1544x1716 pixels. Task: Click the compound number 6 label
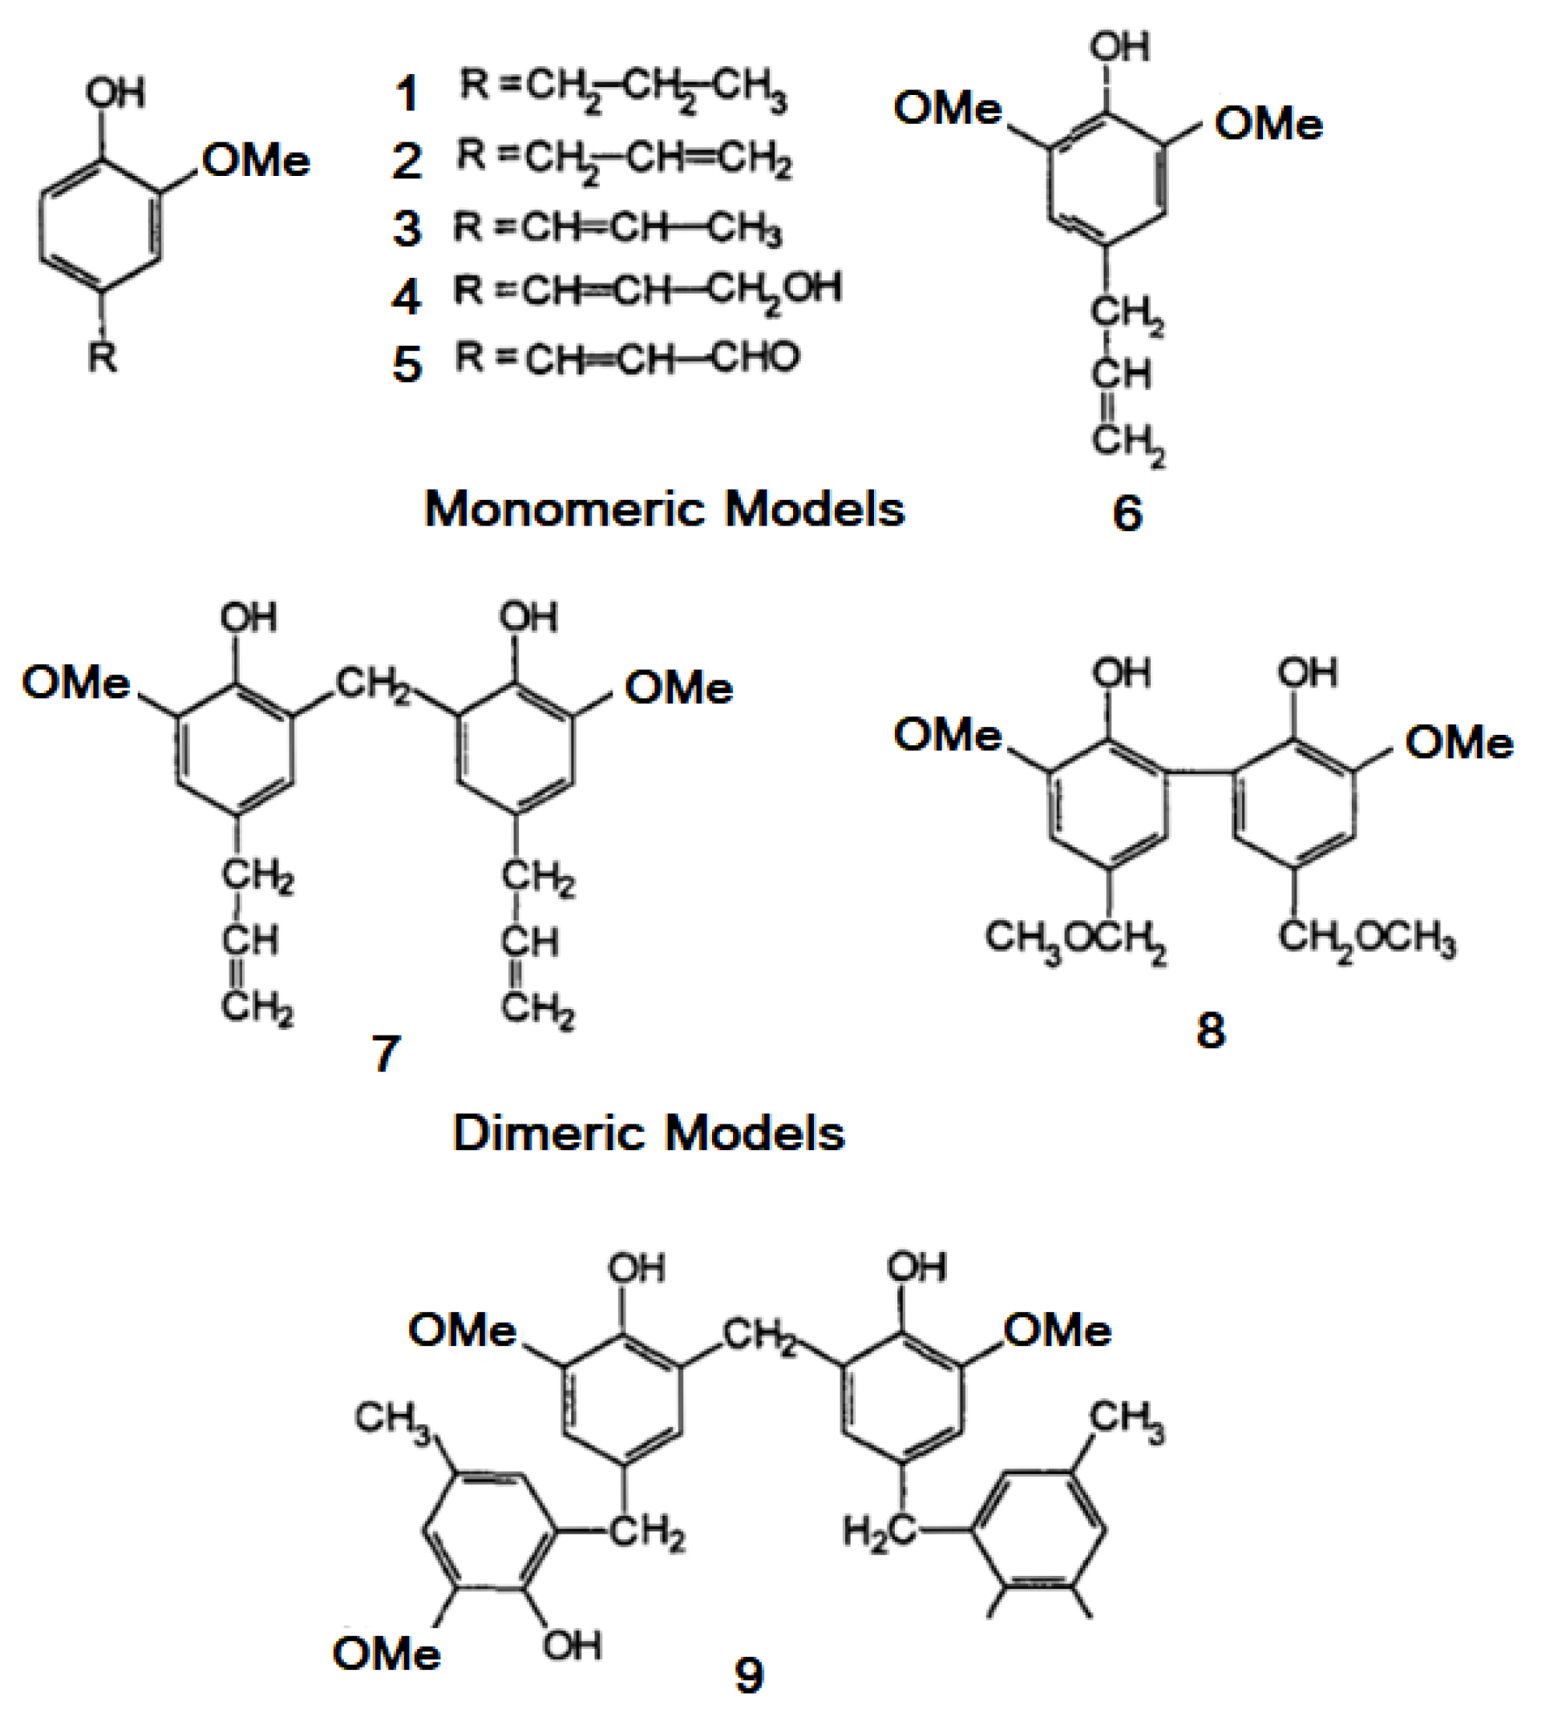pos(1127,513)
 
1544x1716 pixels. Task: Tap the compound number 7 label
pos(386,1054)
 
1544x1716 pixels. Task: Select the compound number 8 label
pos(1211,1031)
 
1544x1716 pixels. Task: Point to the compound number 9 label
pos(748,1675)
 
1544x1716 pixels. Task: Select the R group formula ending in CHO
pos(627,359)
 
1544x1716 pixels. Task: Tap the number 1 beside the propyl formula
pos(407,93)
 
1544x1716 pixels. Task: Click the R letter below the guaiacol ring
pos(103,357)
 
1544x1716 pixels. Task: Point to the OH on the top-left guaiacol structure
pos(115,92)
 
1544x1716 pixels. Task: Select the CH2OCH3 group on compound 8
pos(1367,940)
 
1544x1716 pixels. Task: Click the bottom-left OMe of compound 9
pos(387,1653)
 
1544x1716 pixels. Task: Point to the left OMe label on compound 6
pos(948,109)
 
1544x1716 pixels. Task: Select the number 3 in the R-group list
pos(407,229)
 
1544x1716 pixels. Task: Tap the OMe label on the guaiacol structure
pos(256,161)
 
